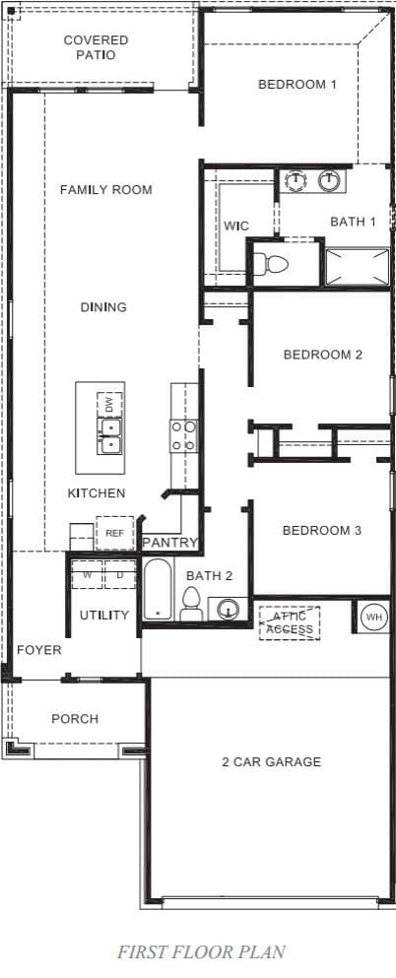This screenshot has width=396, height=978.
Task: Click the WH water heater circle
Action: pos(373,617)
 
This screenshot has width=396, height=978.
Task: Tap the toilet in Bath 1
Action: pos(275,264)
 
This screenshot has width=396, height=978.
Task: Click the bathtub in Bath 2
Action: pos(158,589)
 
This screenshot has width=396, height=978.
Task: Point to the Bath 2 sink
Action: pos(230,608)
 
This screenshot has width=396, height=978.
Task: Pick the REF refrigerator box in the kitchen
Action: pos(114,533)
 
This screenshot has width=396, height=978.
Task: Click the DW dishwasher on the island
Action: pos(109,406)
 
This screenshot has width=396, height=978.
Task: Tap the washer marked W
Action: pos(88,574)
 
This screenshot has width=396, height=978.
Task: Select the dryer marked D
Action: pos(120,574)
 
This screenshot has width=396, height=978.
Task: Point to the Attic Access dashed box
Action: pos(290,622)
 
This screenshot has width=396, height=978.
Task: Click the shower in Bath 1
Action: pos(358,267)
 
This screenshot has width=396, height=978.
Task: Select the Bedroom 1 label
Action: pos(297,84)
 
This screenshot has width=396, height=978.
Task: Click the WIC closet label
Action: pos(236,226)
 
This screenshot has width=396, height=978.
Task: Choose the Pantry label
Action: pos(170,543)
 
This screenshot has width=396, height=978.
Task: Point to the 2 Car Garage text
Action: pos(271,761)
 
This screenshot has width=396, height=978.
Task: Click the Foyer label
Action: pos(39,650)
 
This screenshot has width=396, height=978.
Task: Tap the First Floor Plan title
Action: pos(201,951)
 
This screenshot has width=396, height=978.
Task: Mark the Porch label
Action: pos(75,719)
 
